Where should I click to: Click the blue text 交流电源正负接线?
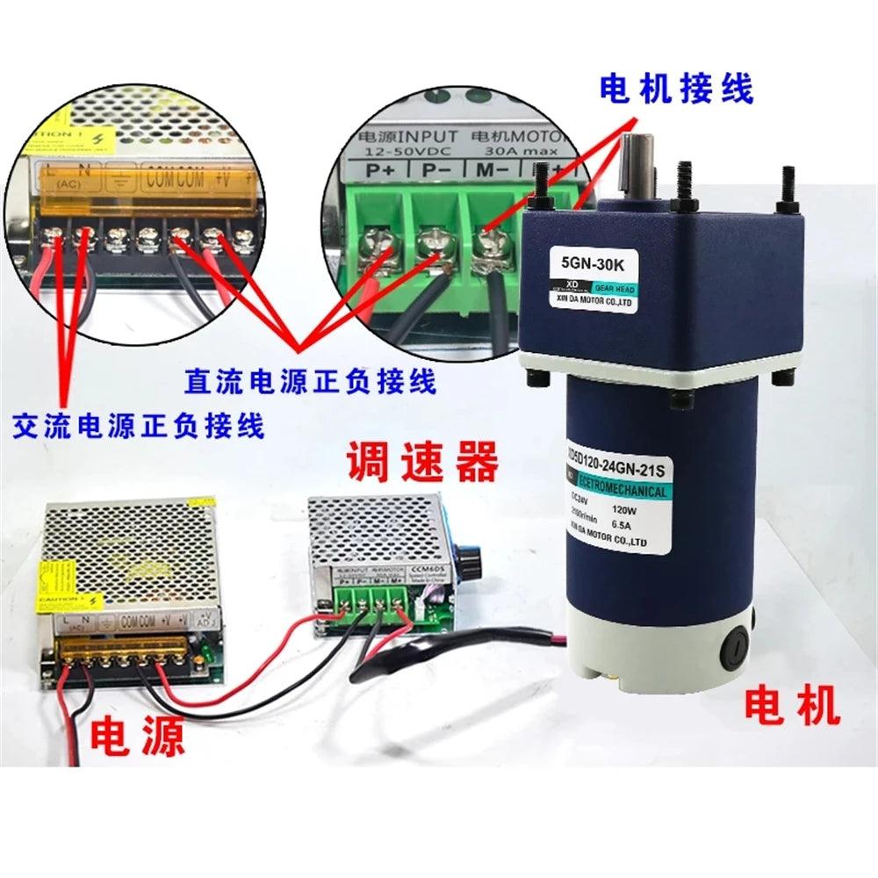tap(139, 427)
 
